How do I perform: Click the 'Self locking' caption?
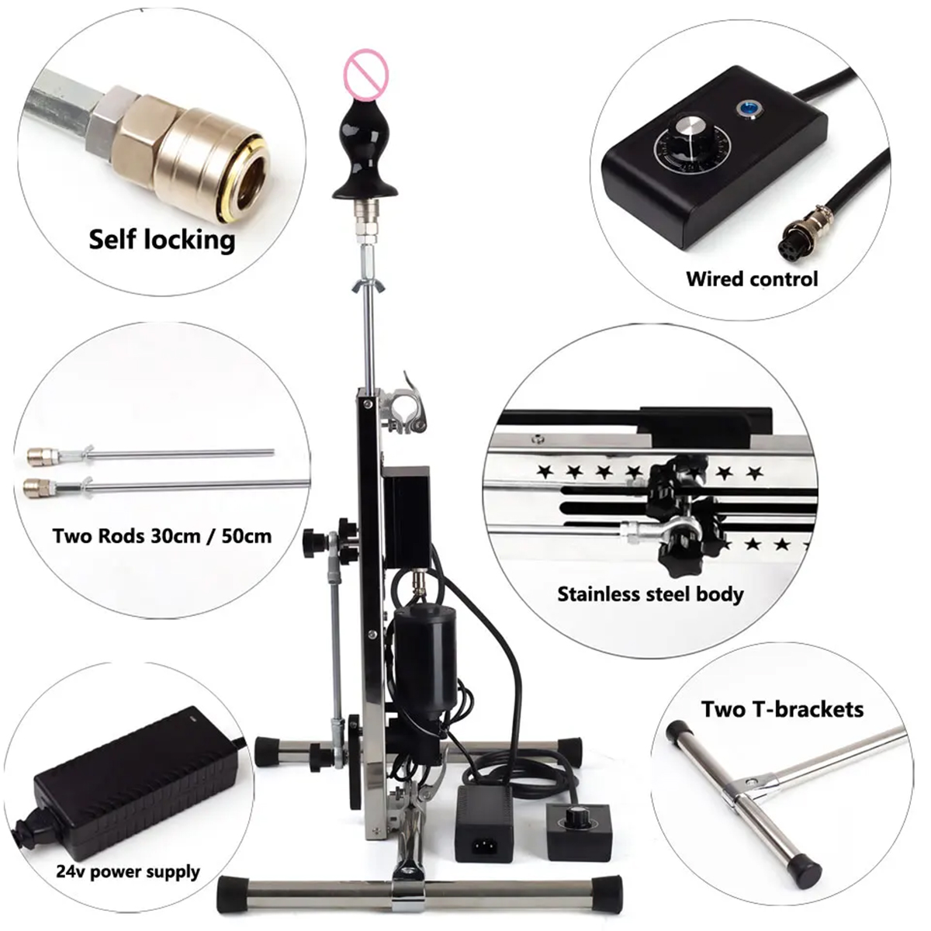pos(162,240)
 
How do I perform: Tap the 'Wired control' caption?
pos(752,279)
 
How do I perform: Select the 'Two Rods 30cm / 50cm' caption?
pos(162,536)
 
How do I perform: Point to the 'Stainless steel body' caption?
pos(650,594)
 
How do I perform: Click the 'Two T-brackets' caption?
pos(782,710)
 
